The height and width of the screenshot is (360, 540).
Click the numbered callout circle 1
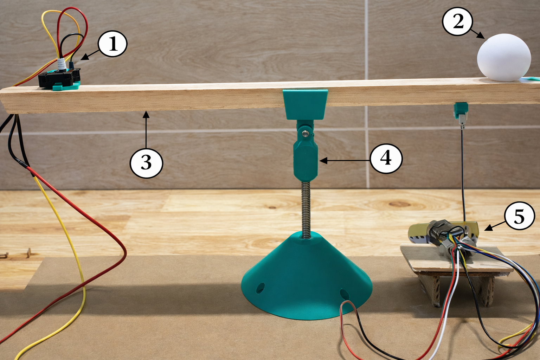click(112, 44)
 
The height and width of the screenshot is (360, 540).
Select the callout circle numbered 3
click(146, 163)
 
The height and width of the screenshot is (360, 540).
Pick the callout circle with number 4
click(386, 159)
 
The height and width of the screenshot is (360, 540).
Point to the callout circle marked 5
click(519, 216)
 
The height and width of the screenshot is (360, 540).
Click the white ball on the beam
click(504, 57)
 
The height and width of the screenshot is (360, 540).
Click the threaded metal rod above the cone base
click(306, 210)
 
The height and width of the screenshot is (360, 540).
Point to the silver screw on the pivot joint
click(305, 133)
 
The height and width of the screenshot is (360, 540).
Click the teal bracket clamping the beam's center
click(305, 104)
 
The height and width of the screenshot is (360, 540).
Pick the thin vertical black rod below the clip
click(463, 175)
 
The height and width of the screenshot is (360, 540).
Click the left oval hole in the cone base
click(260, 288)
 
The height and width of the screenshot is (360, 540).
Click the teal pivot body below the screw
click(305, 160)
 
